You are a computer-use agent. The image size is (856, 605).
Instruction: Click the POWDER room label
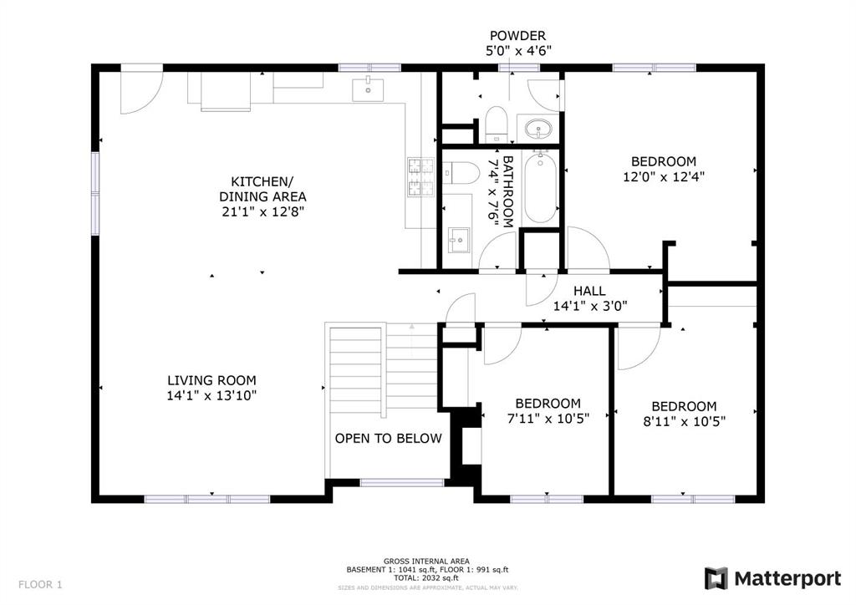[x=517, y=36]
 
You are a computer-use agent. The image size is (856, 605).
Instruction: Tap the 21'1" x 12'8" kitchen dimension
[x=262, y=211]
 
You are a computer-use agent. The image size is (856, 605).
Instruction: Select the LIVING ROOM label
[x=211, y=380]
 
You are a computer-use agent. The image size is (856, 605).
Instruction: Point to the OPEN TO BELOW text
[x=388, y=438]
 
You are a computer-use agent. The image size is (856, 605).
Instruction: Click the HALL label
[x=589, y=291]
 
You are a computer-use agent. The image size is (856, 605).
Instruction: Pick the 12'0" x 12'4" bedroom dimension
[x=664, y=177]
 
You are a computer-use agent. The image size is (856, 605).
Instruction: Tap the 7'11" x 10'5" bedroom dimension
[x=548, y=419]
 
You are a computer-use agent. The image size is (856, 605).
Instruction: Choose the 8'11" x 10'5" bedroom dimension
[x=685, y=422]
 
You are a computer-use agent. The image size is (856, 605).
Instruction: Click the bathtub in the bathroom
[x=541, y=187]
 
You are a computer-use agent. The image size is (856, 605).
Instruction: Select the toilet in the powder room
[x=497, y=124]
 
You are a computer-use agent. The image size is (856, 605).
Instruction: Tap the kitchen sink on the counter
[x=368, y=90]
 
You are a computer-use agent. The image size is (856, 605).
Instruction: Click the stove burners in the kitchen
[x=420, y=177]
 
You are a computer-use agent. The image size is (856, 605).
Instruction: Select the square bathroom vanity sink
[x=459, y=241]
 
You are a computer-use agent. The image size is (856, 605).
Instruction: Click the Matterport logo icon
[x=716, y=578]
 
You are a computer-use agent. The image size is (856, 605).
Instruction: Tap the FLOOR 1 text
[x=40, y=585]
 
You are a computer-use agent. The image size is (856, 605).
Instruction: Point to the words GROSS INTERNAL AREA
[x=426, y=561]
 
